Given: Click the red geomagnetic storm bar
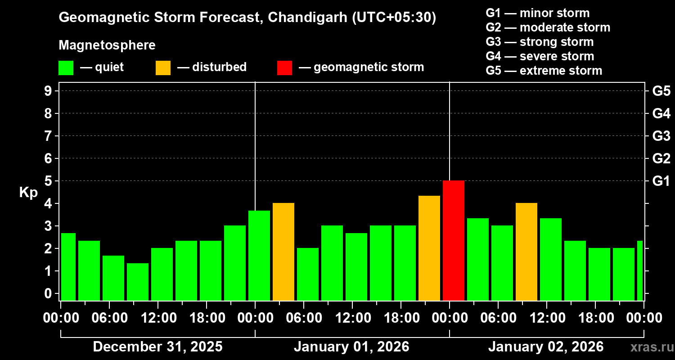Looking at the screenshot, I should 453,240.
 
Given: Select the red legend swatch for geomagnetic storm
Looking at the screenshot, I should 284,67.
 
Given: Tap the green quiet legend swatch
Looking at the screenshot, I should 66,67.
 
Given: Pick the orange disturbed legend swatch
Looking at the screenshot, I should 163,67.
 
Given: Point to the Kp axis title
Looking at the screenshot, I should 28,192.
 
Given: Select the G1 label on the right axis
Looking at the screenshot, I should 661,181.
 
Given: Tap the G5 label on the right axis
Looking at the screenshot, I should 661,91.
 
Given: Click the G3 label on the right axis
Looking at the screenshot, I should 661,136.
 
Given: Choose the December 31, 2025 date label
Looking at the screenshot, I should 157,347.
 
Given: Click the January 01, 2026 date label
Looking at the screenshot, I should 351,347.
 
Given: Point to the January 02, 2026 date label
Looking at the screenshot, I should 546,347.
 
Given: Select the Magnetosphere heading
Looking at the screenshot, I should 107,45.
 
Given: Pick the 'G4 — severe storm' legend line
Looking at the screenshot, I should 540,56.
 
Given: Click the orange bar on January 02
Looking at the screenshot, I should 526,252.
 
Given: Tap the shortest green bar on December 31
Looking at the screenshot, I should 138,282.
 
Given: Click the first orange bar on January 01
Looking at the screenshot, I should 283,252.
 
